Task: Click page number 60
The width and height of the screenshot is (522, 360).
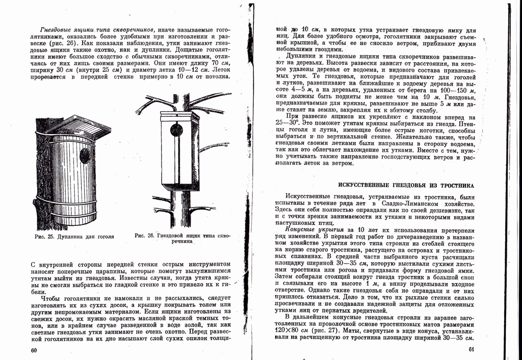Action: pyautogui.click(x=34, y=350)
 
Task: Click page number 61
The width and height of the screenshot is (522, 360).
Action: pyautogui.click(x=472, y=350)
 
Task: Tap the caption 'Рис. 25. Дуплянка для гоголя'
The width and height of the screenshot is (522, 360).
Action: pyautogui.click(x=74, y=237)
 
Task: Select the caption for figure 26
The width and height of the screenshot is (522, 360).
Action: pyautogui.click(x=182, y=239)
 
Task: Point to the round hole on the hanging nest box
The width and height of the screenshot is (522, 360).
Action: pyautogui.click(x=176, y=130)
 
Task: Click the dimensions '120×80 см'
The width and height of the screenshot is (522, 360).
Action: pyautogui.click(x=292, y=330)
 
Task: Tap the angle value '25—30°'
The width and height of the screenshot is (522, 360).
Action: pyautogui.click(x=286, y=123)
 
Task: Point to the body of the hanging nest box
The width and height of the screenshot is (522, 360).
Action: pyautogui.click(x=178, y=153)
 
